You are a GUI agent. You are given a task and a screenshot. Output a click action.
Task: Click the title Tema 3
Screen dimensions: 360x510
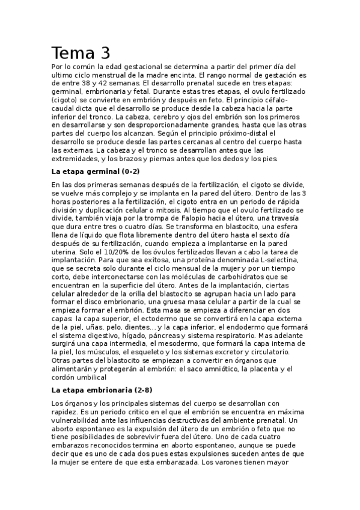coord(80,53)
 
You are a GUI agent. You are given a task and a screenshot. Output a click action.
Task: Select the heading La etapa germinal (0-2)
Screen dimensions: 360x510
coord(96,171)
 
